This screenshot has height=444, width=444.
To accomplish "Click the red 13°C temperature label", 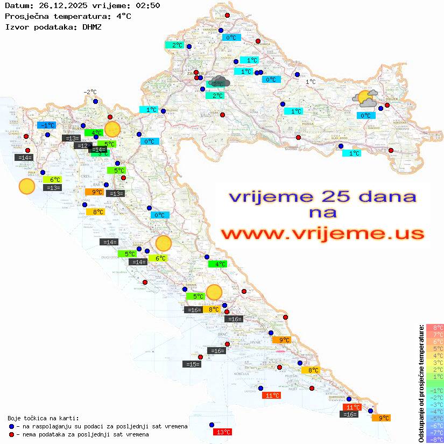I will coord(222,432).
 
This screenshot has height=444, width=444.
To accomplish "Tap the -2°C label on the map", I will coord(90,92).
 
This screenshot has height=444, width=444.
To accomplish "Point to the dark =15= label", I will coord(192,364).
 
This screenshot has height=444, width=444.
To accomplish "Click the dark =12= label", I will coord(82,146).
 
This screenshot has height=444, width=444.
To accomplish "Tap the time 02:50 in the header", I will coord(147,5).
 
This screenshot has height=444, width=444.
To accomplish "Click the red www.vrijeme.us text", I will coord(322,234).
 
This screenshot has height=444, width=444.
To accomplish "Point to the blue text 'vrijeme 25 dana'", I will coord(322,196).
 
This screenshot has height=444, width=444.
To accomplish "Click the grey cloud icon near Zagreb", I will coord(220,82).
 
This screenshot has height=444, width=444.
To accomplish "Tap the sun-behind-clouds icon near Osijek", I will coord(364,98).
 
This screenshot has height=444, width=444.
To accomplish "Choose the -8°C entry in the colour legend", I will coord(434,440).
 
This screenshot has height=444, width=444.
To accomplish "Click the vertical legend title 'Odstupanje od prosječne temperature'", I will coord(421,383).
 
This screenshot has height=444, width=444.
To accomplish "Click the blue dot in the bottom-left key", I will coord(11,426).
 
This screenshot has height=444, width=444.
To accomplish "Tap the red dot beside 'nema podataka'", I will coord(11,434).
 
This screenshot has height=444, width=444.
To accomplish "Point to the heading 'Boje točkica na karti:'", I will coord(43,418).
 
